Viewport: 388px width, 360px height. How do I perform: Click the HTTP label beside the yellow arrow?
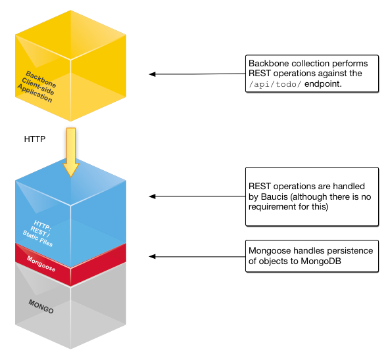34,139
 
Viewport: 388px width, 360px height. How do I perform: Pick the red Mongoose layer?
70,267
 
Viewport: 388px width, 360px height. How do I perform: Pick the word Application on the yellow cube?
34,95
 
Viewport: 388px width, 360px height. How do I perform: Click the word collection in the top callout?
311,63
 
